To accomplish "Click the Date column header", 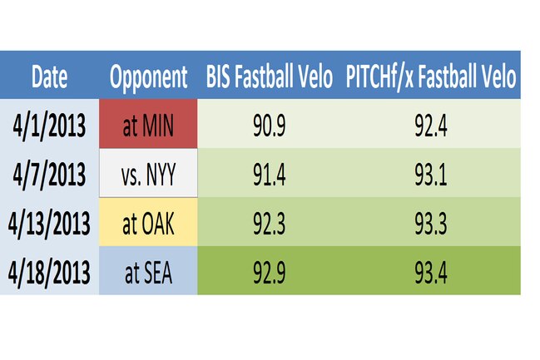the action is tap(49, 76).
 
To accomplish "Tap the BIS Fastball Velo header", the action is tap(270, 76).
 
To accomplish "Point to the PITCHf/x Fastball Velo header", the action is tap(431, 77).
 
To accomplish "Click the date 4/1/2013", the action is tap(49, 126).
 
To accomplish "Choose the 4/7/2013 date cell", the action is tap(49, 175).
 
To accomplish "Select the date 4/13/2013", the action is tap(49, 224).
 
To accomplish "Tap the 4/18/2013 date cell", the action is tap(49, 273).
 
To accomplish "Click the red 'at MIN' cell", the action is tap(148, 124).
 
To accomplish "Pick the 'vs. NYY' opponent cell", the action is tap(148, 173).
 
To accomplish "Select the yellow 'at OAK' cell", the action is tap(148, 222).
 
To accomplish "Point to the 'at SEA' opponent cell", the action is tap(148, 270).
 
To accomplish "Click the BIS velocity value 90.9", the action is tap(270, 126).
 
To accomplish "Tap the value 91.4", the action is tap(270, 175).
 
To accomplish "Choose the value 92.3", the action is tap(270, 224).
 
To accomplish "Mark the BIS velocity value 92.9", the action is tap(270, 273).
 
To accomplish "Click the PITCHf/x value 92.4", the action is tap(431, 126).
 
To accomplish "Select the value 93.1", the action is tap(431, 175).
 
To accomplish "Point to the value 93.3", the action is tap(431, 224).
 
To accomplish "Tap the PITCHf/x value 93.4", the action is tap(431, 273).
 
